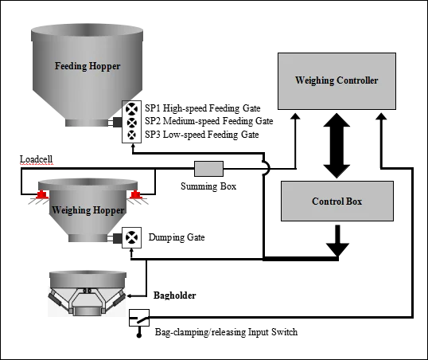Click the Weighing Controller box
[x=337, y=81]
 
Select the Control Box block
[x=337, y=201]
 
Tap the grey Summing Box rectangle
[x=208, y=169]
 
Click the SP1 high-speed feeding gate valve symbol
[x=131, y=109]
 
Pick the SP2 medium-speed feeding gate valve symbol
[x=131, y=123]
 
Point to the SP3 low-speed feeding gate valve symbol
[x=131, y=135]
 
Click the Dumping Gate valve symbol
[x=131, y=237]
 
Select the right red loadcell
[x=135, y=194]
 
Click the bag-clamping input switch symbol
[x=139, y=318]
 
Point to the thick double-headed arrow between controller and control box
[x=337, y=146]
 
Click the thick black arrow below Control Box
[x=337, y=241]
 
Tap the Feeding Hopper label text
[x=88, y=66]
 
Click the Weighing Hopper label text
[x=88, y=210]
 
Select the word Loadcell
[x=36, y=159]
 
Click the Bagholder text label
[x=175, y=295]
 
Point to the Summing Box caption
[x=208, y=186]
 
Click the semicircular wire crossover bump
[x=267, y=167]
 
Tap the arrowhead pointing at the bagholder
[x=130, y=295]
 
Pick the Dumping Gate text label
[x=177, y=237]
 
